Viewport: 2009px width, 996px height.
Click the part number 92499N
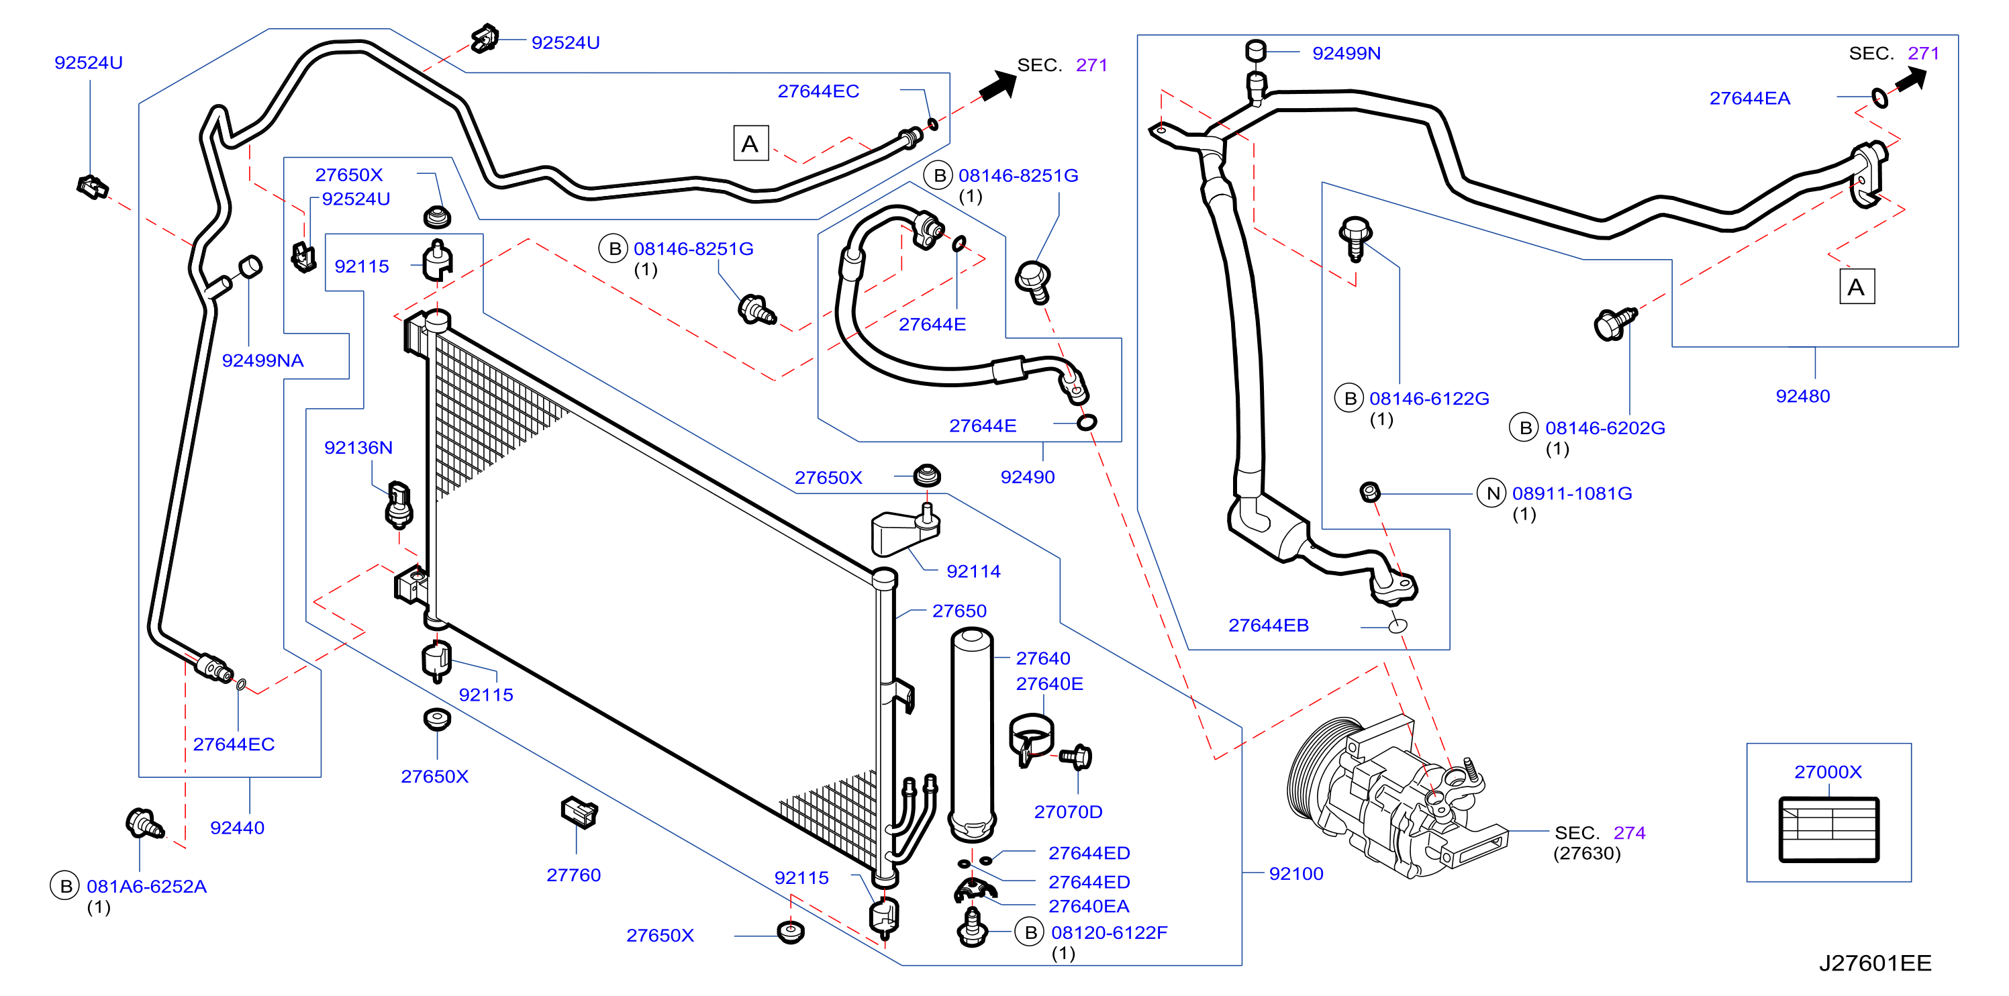pyautogui.click(x=1346, y=53)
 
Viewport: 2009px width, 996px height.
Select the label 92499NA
pyautogui.click(x=263, y=360)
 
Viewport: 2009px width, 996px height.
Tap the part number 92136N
pyautogui.click(x=358, y=448)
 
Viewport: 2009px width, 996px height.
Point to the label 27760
pyautogui.click(x=573, y=875)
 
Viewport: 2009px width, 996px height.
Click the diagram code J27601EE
pyautogui.click(x=1875, y=963)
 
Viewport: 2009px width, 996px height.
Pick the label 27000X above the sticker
pyautogui.click(x=1827, y=772)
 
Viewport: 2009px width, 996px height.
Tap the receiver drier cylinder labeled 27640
pyautogui.click(x=972, y=736)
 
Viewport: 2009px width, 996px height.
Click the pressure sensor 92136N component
pyautogui.click(x=399, y=504)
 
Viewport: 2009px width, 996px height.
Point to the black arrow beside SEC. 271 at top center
pyautogui.click(x=997, y=85)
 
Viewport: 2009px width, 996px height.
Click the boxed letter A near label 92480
pyautogui.click(x=1857, y=287)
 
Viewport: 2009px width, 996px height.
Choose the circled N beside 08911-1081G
pyautogui.click(x=1492, y=493)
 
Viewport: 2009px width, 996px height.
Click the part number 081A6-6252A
pyautogui.click(x=146, y=887)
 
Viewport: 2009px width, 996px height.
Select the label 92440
pyautogui.click(x=237, y=828)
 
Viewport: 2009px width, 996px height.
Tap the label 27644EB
pyautogui.click(x=1268, y=626)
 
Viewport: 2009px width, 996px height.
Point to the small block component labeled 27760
pyautogui.click(x=579, y=812)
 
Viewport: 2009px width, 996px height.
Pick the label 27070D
pyautogui.click(x=1068, y=812)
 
